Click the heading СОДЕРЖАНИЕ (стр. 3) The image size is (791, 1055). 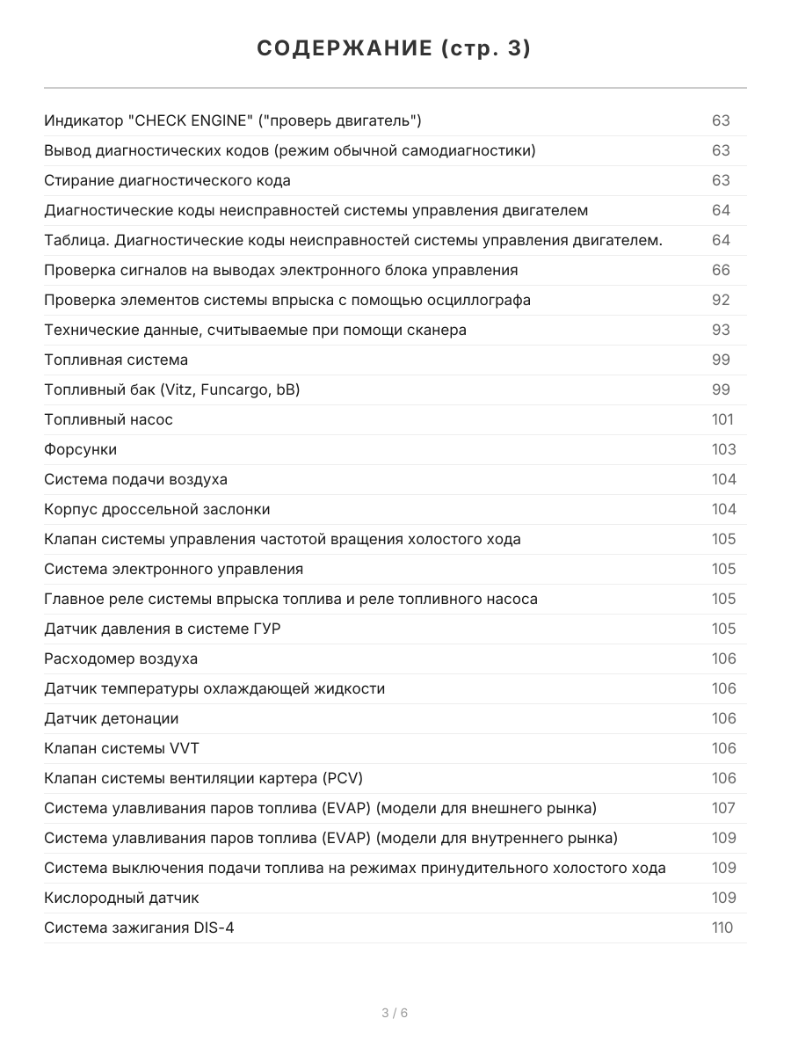[395, 49]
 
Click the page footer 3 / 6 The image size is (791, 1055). [395, 1013]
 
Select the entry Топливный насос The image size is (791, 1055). [108, 419]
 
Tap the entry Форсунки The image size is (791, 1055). [80, 449]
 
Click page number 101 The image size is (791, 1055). [722, 419]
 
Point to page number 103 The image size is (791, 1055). [723, 449]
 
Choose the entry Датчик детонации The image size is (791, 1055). [111, 718]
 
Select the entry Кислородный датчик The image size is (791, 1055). [121, 898]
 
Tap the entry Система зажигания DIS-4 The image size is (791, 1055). [139, 928]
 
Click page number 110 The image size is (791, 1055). [722, 928]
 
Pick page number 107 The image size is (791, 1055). [723, 808]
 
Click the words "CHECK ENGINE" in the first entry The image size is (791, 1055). [185, 120]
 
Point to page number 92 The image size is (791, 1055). [721, 300]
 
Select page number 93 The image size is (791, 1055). [721, 330]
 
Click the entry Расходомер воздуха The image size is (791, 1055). [120, 658]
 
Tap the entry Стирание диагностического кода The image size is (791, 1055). [167, 180]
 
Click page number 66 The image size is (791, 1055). [721, 270]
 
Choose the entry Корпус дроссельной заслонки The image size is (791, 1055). [156, 509]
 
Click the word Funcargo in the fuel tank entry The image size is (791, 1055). [235, 389]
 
